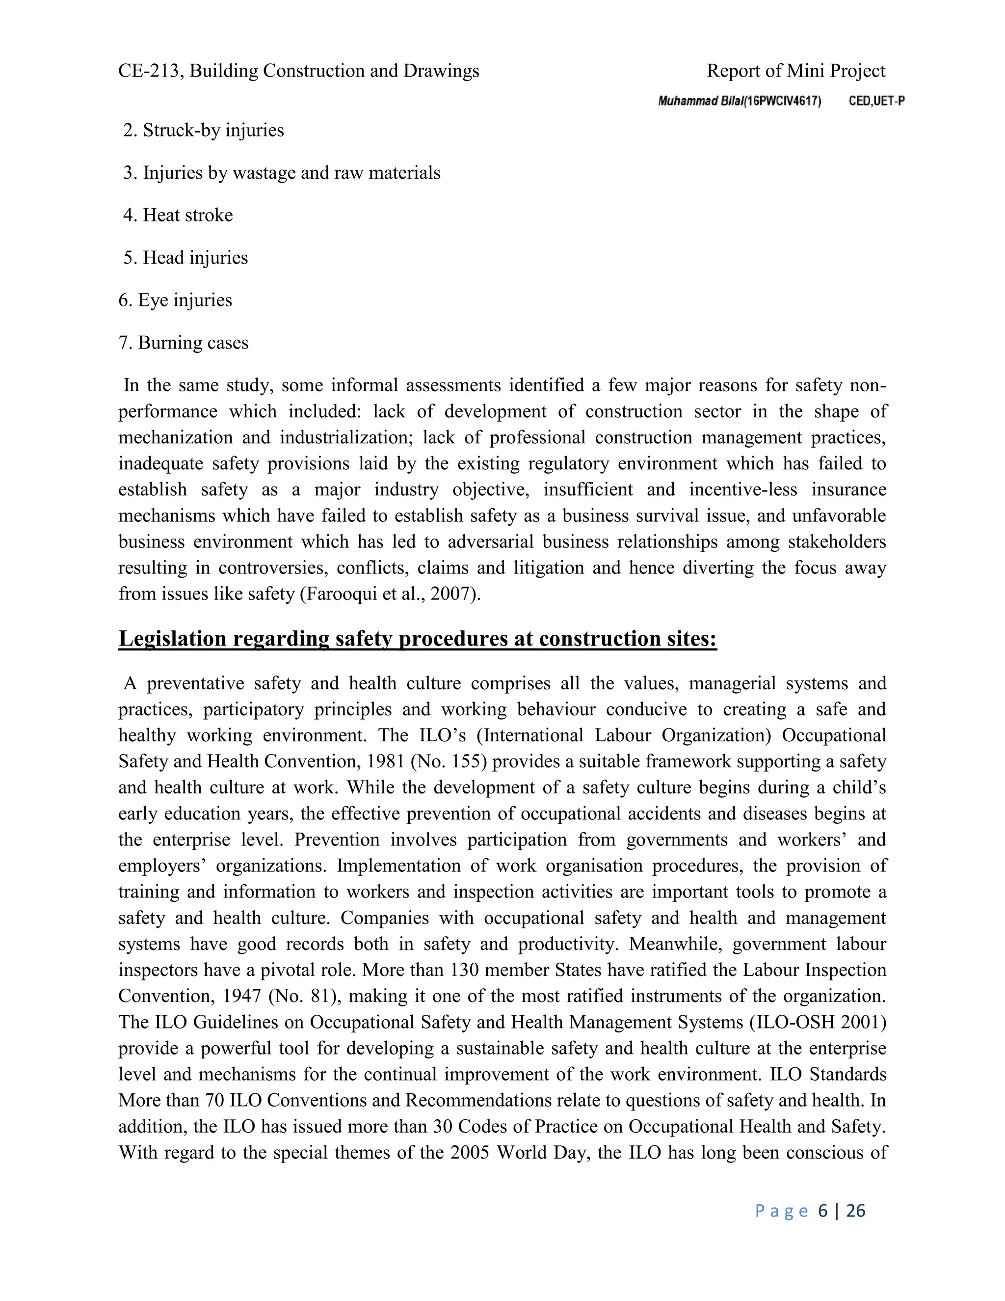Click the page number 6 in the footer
coord(823,1211)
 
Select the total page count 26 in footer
coord(855,1211)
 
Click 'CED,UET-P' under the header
coord(876,101)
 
